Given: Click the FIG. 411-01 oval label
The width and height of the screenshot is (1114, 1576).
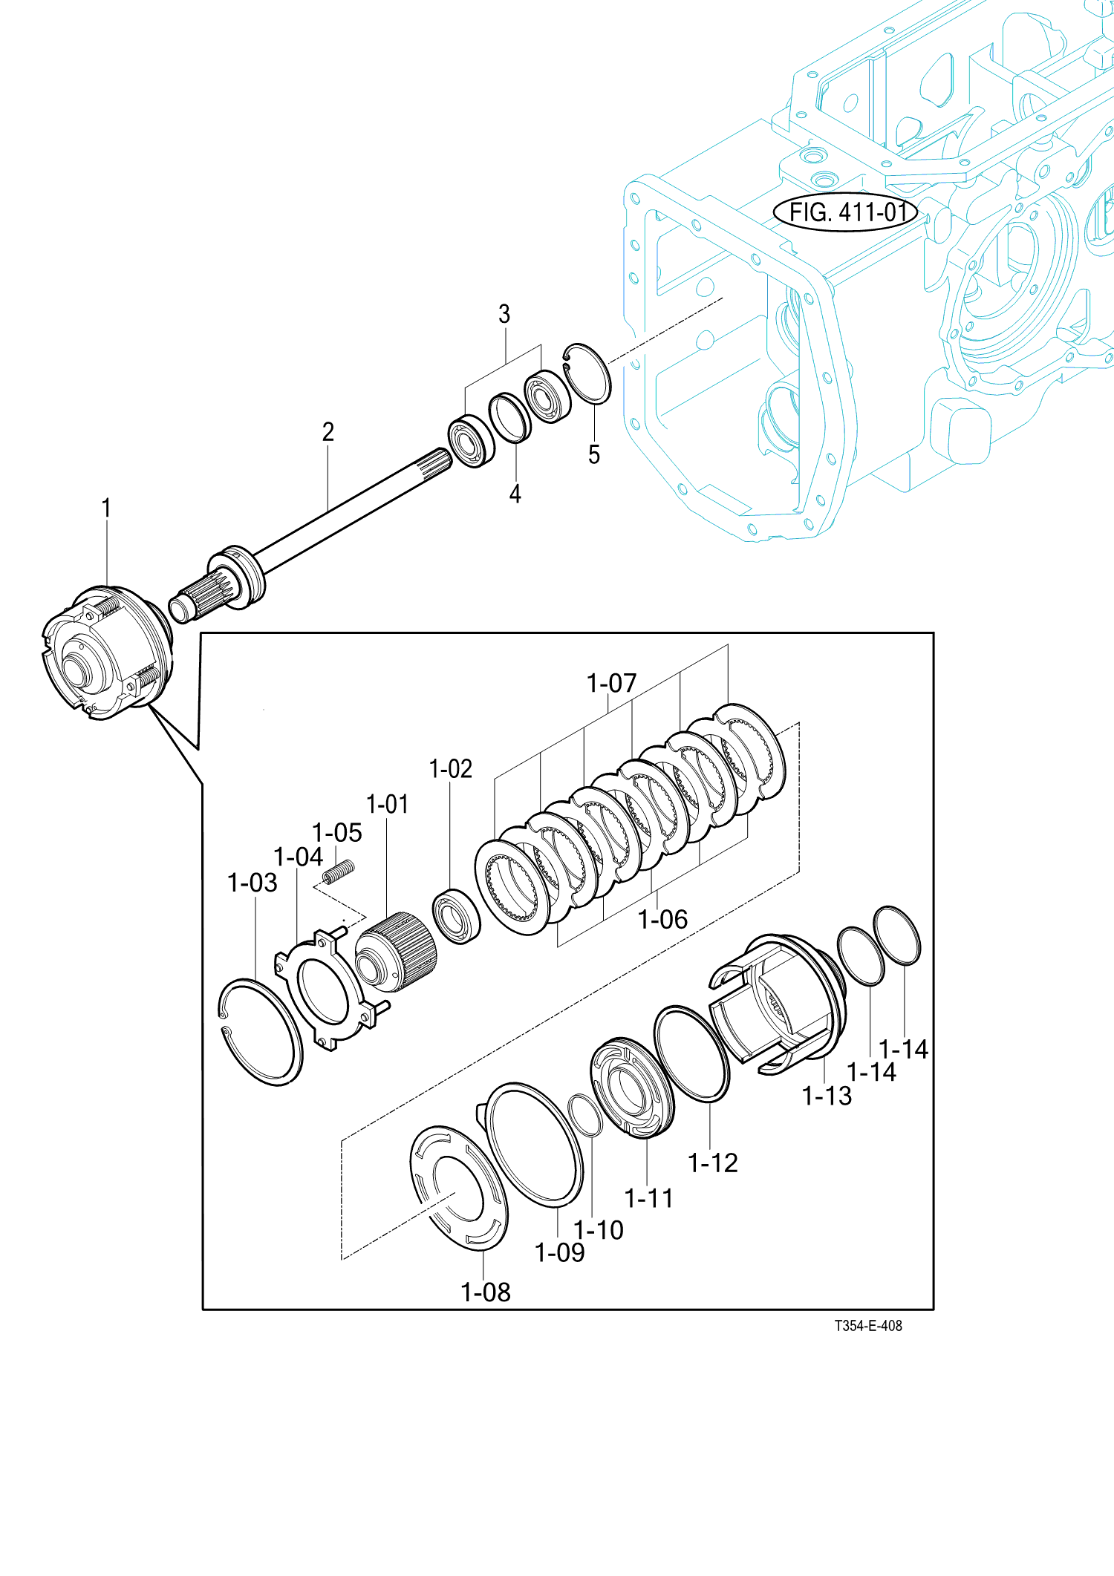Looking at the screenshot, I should click(847, 212).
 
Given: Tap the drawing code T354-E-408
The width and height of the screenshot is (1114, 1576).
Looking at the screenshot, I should click(867, 1325).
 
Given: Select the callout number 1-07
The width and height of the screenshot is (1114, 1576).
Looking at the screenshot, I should click(611, 683).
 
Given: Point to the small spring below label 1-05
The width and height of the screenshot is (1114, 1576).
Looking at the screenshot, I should click(339, 872).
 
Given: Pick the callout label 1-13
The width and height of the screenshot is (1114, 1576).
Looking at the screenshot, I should click(827, 1096).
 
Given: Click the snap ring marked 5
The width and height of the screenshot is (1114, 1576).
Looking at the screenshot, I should click(588, 374).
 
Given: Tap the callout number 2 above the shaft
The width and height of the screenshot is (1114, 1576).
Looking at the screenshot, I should click(328, 432).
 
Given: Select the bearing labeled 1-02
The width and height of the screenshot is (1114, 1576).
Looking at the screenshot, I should click(456, 916).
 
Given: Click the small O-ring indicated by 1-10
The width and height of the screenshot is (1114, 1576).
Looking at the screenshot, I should click(584, 1115).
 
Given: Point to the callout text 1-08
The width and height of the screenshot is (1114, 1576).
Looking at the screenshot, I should click(486, 1292).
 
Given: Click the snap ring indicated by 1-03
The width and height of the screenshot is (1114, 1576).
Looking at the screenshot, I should click(261, 1032).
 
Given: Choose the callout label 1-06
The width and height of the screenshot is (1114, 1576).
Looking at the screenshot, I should click(662, 920).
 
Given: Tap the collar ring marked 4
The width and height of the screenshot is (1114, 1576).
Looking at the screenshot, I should click(509, 418).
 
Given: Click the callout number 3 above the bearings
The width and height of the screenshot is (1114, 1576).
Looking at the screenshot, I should click(504, 314).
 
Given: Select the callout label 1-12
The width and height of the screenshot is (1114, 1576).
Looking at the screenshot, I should click(713, 1163).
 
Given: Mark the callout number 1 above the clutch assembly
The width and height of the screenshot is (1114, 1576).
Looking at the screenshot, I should click(106, 509).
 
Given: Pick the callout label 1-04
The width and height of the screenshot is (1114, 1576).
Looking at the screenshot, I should click(298, 857).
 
